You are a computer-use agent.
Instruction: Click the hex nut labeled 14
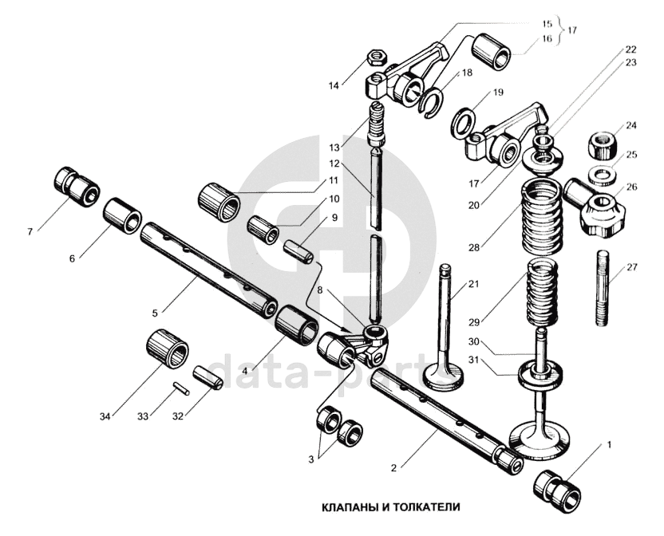point(376,57)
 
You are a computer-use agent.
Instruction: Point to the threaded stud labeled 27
point(604,288)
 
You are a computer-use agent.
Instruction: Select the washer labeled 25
point(601,175)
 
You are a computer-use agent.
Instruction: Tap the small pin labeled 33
point(181,388)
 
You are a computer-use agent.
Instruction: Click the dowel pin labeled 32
point(207,377)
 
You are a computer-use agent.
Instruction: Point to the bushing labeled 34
point(168,349)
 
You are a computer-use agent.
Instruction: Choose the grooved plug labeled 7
point(77,187)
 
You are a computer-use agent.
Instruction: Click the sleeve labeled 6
point(123,215)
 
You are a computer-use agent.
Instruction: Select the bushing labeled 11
point(219,203)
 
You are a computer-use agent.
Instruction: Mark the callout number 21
point(473,284)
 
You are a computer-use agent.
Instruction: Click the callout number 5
point(155,313)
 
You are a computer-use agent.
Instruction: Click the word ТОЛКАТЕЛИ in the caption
point(427,506)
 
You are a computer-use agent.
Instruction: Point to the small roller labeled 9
point(298,252)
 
